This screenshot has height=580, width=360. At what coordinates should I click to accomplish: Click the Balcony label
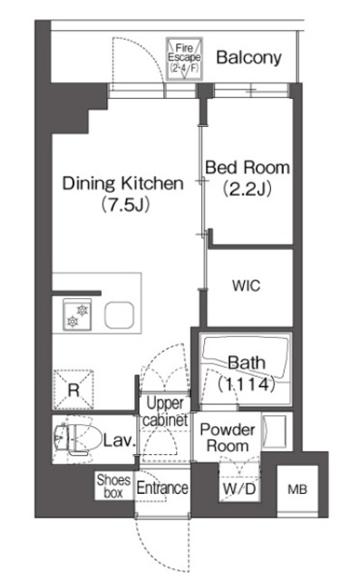coord(248,58)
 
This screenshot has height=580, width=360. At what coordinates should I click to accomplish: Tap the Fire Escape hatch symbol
coord(184,58)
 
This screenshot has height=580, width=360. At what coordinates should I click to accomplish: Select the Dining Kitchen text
coord(122,183)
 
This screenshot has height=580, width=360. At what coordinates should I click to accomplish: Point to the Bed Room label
coord(248,168)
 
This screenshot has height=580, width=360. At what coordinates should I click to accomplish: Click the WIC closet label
coord(247,285)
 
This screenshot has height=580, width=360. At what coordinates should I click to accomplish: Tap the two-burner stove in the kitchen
coord(77,314)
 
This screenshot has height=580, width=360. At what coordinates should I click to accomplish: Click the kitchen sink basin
coord(119,315)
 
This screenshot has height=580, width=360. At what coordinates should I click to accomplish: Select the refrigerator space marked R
coord(73,390)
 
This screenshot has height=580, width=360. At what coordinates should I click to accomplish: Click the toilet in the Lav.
coord(77,439)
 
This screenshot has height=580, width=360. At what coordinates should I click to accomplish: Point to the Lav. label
coord(119,440)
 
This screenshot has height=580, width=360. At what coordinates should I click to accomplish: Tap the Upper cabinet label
coord(165,411)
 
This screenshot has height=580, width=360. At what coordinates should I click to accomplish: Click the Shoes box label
coord(113,487)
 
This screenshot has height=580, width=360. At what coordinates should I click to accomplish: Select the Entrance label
coord(162,488)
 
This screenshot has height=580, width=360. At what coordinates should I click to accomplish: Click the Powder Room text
coord(228,438)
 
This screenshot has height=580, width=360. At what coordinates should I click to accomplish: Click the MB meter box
coord(297,489)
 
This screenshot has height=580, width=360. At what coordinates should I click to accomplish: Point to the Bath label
coord(247,362)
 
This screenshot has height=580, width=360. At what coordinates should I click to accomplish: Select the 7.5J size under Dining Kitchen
coord(126,205)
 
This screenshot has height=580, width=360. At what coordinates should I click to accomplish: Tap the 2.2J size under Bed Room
coord(248,189)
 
